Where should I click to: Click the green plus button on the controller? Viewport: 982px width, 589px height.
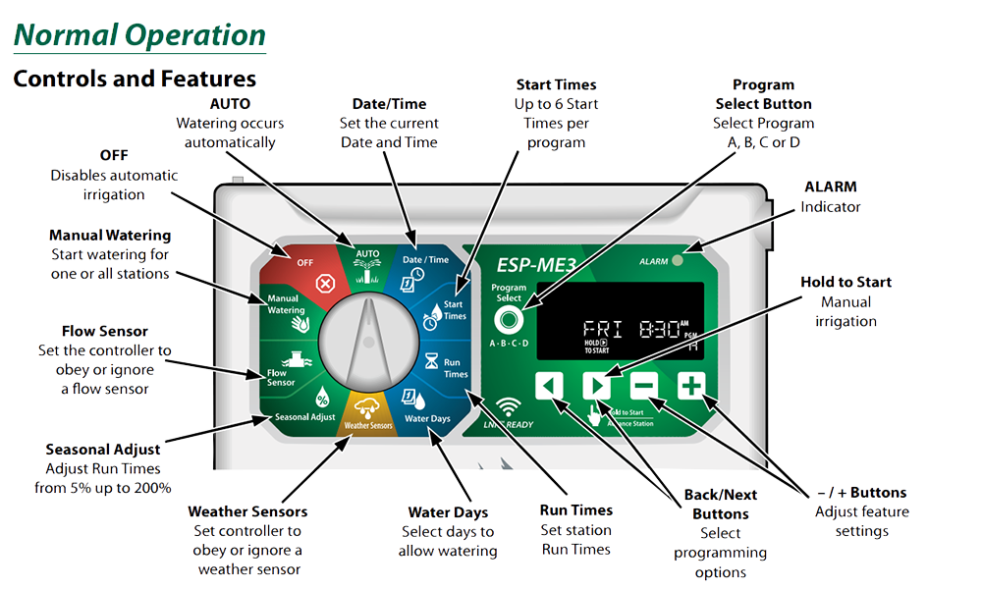coord(691,385)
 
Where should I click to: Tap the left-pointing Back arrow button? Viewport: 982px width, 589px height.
coord(549,385)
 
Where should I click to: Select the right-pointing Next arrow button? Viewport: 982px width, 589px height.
coord(596,385)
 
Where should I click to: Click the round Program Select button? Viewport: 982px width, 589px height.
coord(508,321)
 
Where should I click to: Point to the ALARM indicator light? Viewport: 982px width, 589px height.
coord(678,261)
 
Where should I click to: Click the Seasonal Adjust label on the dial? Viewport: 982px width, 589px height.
coord(305,417)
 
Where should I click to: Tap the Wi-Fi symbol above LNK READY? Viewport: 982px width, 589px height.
coord(508,405)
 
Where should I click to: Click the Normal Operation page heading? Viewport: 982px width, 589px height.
coord(139,36)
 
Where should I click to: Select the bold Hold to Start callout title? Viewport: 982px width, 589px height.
coord(846,282)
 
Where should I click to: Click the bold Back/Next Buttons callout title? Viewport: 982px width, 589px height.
coord(721,503)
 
